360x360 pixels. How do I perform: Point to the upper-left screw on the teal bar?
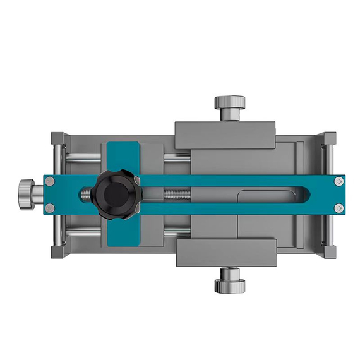pyautogui.click(x=50, y=181)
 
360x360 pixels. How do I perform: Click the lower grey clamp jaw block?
pyautogui.click(x=225, y=253)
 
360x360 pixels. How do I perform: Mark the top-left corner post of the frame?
pyautogui.click(x=57, y=138)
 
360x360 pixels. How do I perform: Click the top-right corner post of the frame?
pyautogui.click(x=329, y=138)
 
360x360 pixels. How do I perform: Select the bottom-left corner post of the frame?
pyautogui.click(x=57, y=251)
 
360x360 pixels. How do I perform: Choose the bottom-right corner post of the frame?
pyautogui.click(x=329, y=251)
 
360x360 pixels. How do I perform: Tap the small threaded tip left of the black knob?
pyautogui.click(x=86, y=194)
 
